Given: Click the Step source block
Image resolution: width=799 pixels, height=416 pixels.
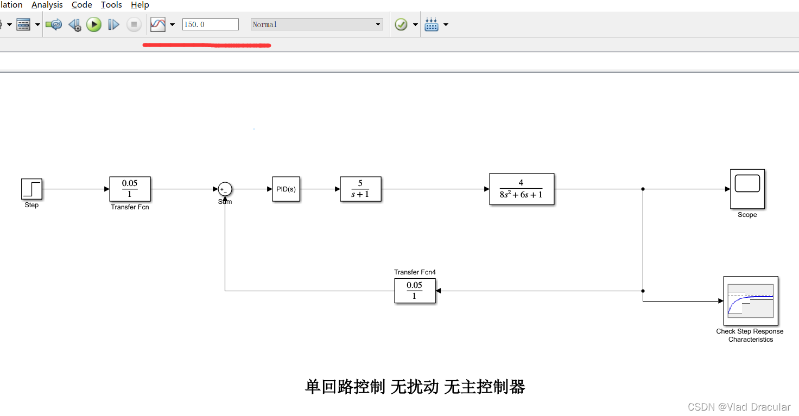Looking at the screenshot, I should (x=31, y=189).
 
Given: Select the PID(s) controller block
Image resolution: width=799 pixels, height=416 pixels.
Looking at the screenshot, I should (x=286, y=189).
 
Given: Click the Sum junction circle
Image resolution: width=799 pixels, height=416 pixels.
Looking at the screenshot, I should (x=225, y=189).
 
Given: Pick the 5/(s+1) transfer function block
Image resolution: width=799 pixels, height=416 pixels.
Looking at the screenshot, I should (x=360, y=189).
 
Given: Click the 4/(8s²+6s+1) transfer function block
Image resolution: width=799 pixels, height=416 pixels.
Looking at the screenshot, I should (x=522, y=189).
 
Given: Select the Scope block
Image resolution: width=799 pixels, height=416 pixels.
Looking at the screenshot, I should (x=747, y=189).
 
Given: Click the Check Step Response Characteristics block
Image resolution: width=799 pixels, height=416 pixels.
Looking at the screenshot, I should (x=751, y=300).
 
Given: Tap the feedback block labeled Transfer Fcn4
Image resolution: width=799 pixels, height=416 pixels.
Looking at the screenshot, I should (x=415, y=291).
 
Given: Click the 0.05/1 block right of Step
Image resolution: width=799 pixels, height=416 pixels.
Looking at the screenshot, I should (x=130, y=189).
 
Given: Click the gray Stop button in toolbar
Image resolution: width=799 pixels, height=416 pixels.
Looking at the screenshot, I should (x=134, y=24).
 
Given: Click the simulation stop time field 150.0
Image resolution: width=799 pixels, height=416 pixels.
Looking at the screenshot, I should (x=210, y=24).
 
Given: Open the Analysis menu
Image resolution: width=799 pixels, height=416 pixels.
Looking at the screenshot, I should (x=47, y=5).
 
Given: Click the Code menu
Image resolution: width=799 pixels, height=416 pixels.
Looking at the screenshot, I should (x=81, y=5).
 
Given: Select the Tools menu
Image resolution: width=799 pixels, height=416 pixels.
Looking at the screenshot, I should (x=111, y=5).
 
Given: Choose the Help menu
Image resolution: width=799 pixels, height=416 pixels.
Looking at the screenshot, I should (x=139, y=5).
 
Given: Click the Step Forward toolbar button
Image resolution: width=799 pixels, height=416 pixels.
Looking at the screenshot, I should (x=113, y=24).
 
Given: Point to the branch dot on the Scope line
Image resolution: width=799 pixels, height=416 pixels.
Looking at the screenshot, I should (x=643, y=189).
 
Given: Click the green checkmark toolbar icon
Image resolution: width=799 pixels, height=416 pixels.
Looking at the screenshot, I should (x=401, y=24).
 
